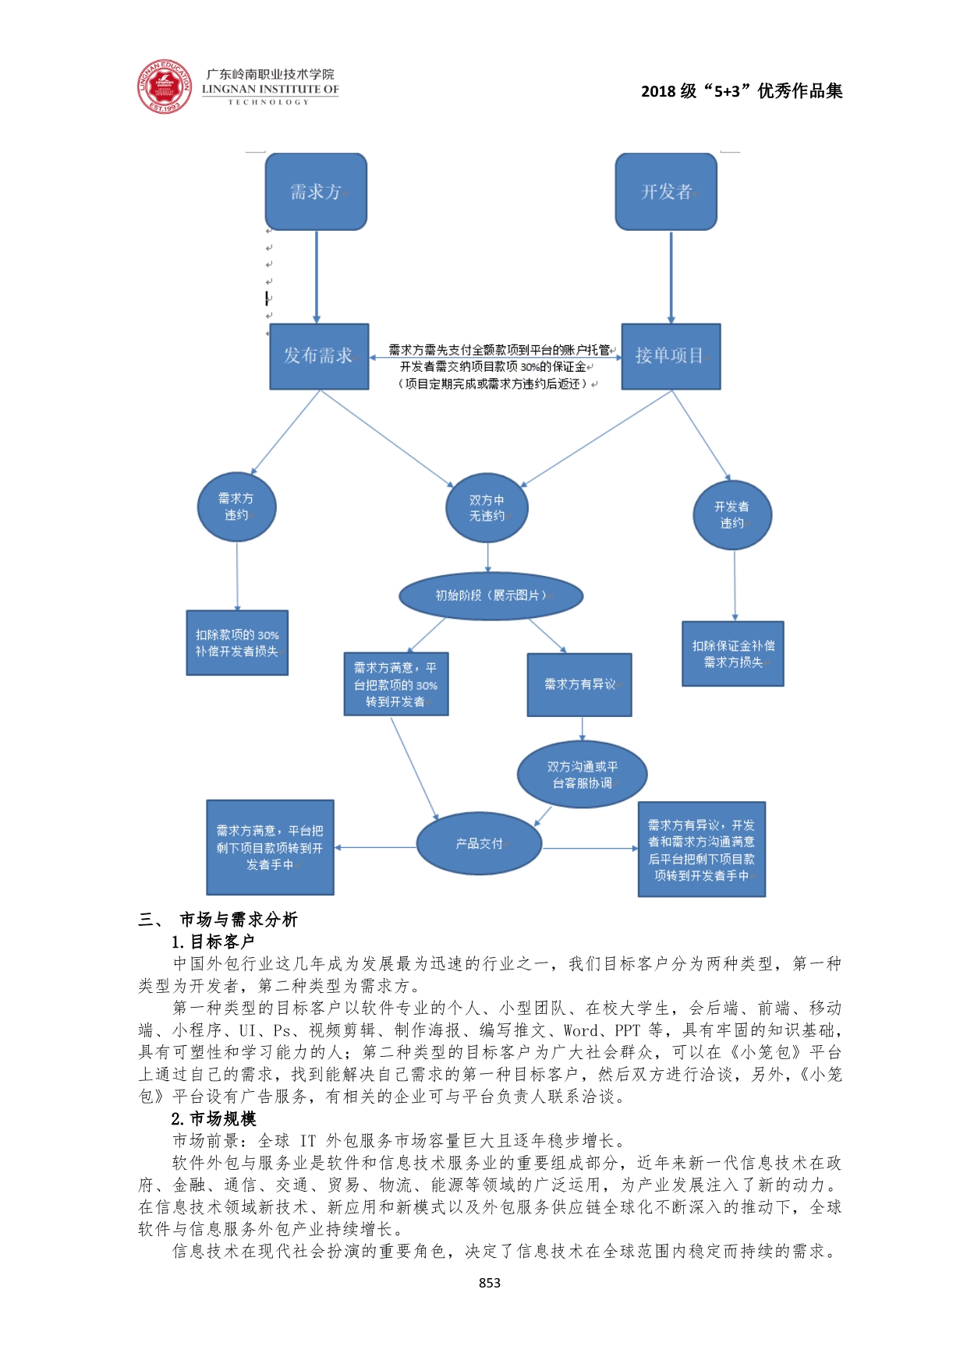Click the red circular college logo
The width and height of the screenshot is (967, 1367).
click(164, 87)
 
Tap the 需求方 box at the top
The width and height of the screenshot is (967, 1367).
click(316, 192)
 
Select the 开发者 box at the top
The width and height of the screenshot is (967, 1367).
click(666, 192)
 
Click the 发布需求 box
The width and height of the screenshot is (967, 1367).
click(319, 356)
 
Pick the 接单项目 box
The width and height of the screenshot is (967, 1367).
click(671, 356)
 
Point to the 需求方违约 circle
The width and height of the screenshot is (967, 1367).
click(236, 507)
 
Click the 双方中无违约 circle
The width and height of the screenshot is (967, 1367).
click(487, 508)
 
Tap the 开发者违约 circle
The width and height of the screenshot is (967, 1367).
click(732, 515)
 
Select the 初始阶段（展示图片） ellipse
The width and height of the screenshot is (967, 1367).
click(491, 596)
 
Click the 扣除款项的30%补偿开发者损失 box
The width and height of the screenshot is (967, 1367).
click(237, 643)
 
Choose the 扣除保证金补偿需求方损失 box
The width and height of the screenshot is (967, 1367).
click(733, 654)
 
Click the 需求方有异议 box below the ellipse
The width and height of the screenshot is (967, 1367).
click(579, 684)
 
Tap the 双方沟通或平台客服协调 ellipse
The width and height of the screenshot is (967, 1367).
click(582, 775)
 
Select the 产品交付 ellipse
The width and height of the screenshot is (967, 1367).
click(479, 844)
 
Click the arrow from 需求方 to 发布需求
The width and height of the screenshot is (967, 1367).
click(317, 277)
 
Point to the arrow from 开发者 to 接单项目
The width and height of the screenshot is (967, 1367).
click(671, 277)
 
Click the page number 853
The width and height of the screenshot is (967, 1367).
click(490, 1283)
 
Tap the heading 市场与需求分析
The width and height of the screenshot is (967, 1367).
click(238, 920)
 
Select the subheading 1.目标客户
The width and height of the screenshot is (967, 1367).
click(213, 941)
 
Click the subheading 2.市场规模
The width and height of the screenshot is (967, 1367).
click(214, 1119)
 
